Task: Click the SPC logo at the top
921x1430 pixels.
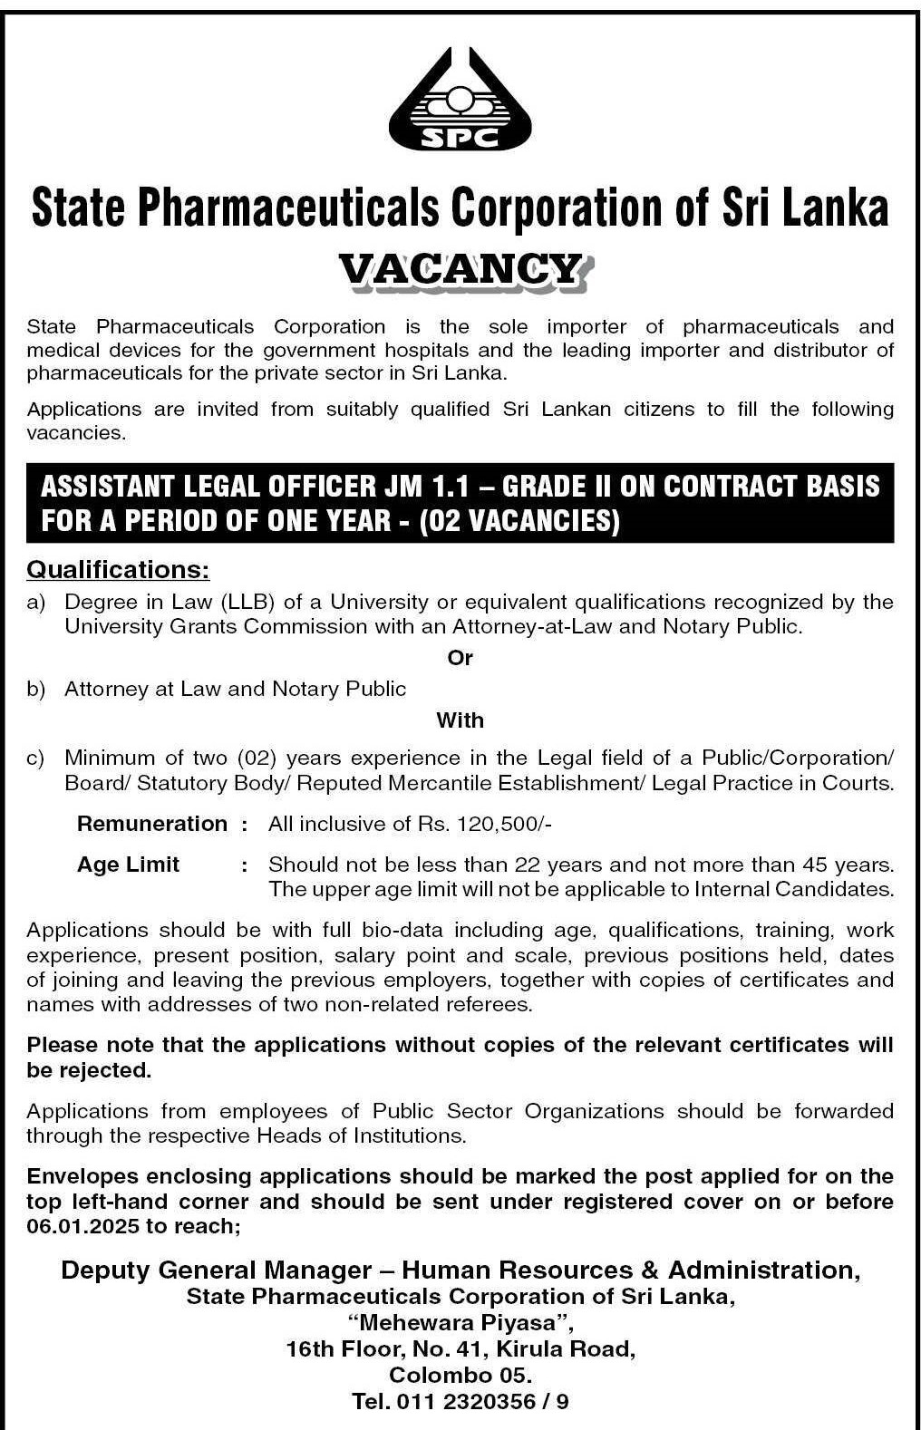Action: pos(460,100)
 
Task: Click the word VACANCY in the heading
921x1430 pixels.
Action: pos(460,269)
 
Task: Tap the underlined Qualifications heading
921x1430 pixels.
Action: pos(118,569)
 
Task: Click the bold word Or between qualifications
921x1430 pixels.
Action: pos(460,658)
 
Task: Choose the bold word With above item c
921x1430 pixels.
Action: pos(460,720)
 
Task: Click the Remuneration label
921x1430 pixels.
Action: pos(152,824)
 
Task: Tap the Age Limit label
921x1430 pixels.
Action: pos(129,865)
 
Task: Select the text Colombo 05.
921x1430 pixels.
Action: pos(460,1375)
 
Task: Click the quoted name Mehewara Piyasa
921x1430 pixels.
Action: pos(460,1322)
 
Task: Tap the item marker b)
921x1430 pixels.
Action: pos(36,689)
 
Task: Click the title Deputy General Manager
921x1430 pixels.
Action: pos(216,1270)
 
